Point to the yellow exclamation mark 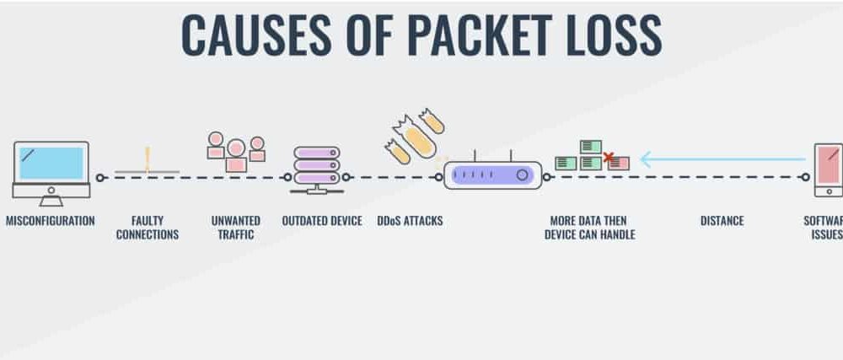147,158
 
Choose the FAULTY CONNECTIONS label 148,228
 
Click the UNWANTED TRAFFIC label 236,228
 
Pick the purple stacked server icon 318,166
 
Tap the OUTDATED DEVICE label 322,222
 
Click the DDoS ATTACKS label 411,222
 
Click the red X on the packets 609,157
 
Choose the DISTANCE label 722,222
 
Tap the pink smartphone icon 828,169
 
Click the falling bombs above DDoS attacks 414,135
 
